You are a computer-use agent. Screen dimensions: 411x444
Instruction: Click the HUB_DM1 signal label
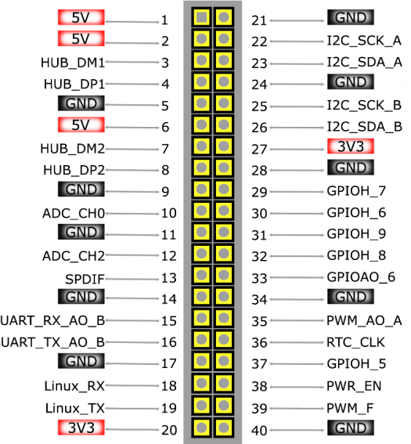(73, 63)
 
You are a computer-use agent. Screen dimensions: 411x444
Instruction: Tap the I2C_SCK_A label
(364, 41)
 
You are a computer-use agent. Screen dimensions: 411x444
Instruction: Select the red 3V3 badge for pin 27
(351, 146)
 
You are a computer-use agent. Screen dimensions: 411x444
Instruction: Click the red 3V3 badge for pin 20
(81, 428)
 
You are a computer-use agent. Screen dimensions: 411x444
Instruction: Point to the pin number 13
(168, 278)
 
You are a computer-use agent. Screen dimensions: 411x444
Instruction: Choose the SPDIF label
(85, 280)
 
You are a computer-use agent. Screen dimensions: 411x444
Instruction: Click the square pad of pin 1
(201, 17)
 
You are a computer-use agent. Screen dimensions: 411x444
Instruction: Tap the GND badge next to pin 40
(351, 428)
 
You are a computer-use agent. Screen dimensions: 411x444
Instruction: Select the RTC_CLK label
(355, 342)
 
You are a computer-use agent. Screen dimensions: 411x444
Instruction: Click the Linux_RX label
(74, 386)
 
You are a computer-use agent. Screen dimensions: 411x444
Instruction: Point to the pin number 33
(259, 278)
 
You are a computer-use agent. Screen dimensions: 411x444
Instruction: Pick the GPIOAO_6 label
(361, 277)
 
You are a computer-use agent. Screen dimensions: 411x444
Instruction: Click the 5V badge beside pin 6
(81, 125)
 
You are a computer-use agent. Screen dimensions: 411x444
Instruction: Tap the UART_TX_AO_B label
(53, 342)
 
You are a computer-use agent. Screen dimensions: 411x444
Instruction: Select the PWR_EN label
(354, 386)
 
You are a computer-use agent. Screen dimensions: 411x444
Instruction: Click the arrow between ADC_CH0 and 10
(132, 213)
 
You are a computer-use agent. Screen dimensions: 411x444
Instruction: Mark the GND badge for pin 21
(351, 17)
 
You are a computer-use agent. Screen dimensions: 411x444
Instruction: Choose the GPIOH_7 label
(356, 191)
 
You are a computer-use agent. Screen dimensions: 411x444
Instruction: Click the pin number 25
(259, 106)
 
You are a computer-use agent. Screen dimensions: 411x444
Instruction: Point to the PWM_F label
(350, 408)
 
